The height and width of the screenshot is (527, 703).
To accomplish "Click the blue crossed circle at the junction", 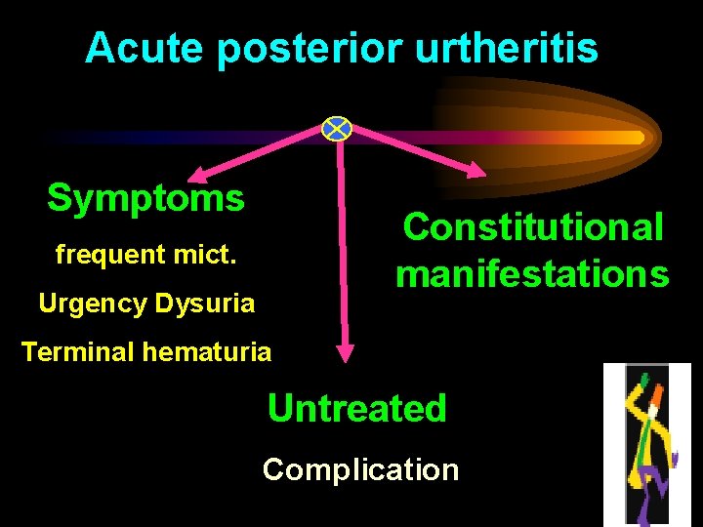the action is pos(337,128).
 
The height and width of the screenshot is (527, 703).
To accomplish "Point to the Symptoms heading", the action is pos(145,198).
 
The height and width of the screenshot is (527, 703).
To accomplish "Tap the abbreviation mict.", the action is pos(205,256).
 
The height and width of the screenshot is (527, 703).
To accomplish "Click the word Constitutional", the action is pos(533,227).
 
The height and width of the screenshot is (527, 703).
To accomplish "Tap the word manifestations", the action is pos(533,273).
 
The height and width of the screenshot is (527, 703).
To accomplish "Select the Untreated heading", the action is pos(357,408).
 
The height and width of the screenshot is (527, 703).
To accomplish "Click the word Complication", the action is pos(360,469).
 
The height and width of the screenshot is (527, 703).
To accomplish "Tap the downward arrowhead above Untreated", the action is pos(345,352).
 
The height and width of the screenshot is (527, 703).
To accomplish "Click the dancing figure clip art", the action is pos(646,443).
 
